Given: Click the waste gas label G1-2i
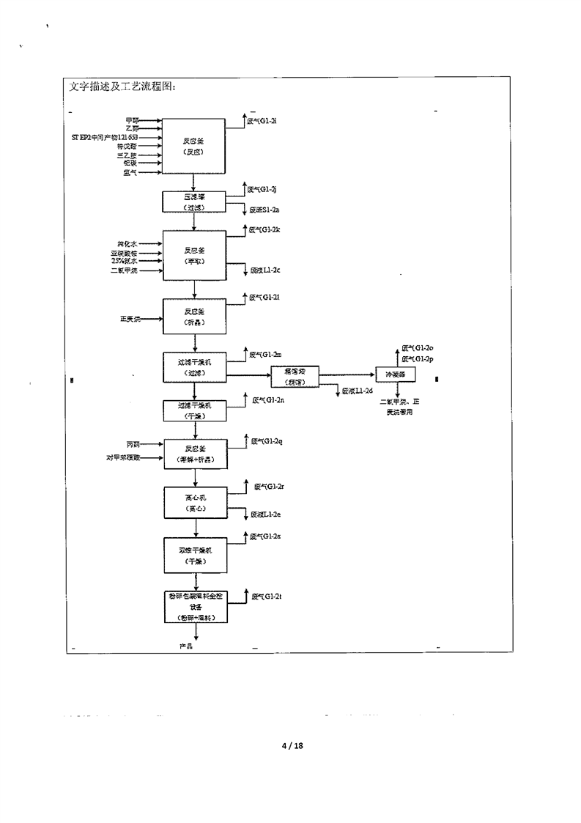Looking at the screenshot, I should (264, 119).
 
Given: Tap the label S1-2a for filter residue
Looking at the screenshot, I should (264, 210).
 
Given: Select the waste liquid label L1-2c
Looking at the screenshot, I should (265, 270).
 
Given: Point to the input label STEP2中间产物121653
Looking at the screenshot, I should (104, 137).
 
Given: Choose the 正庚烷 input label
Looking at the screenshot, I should (130, 319).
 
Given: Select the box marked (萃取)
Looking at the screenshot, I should (193, 254).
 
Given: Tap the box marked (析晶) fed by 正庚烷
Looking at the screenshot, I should (193, 317).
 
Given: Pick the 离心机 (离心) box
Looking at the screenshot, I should (193, 502).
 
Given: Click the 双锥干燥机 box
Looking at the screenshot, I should (193, 555).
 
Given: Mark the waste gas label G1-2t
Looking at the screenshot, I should (267, 597).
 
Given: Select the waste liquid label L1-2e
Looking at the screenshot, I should (266, 514).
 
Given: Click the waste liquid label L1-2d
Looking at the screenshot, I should (358, 391).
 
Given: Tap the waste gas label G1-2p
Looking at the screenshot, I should (418, 358).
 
